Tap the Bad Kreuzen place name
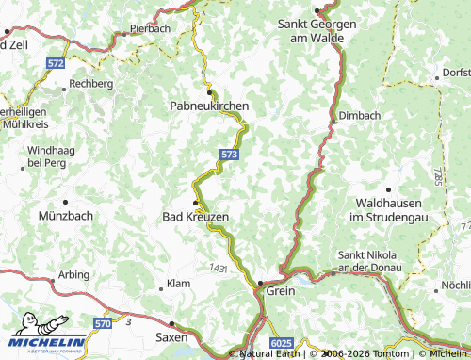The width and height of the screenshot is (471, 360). tap(196, 217)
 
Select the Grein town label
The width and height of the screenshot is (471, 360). tap(281, 291)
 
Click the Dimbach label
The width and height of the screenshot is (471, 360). tap(359, 116)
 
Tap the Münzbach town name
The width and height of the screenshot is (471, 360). tap(64, 217)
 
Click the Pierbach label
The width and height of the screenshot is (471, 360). tap(150, 29)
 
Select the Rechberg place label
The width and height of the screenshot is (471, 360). tap(91, 84)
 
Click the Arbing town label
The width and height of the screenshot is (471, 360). tap(73, 275)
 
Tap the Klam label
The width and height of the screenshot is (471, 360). tap(178, 284)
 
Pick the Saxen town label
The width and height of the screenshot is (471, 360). tap(171, 335)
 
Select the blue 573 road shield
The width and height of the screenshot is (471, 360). tap(229, 154)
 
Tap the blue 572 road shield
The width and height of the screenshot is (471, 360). tap(57, 62)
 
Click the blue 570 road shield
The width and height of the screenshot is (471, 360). tap(103, 323)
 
